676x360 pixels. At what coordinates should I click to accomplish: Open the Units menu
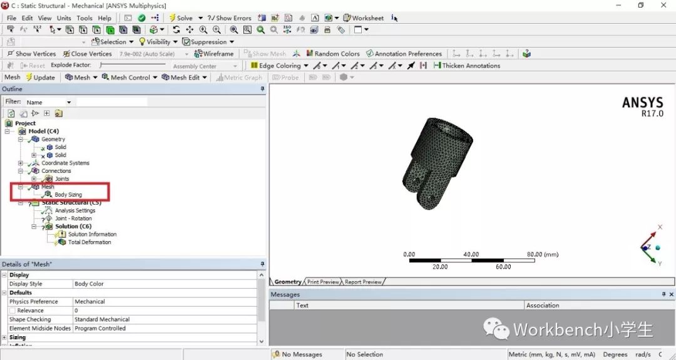click(x=64, y=18)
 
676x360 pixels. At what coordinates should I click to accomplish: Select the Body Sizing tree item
click(x=68, y=195)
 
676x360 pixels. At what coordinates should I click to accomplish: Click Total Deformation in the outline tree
click(x=90, y=242)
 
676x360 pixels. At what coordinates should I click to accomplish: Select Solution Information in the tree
click(x=92, y=234)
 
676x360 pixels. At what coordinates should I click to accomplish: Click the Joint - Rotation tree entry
click(x=73, y=219)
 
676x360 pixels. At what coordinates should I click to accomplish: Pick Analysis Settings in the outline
click(x=75, y=210)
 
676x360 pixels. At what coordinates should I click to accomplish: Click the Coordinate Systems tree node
click(x=65, y=163)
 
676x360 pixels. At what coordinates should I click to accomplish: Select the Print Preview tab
click(x=323, y=282)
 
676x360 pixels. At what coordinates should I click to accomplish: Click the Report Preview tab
click(x=363, y=282)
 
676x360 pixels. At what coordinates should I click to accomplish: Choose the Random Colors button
click(x=337, y=54)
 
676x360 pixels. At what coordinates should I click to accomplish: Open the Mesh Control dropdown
click(x=130, y=78)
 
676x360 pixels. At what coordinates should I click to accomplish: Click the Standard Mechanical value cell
click(x=102, y=319)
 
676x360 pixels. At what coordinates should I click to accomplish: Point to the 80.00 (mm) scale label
click(x=542, y=255)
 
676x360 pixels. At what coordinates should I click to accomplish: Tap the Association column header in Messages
click(x=543, y=306)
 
